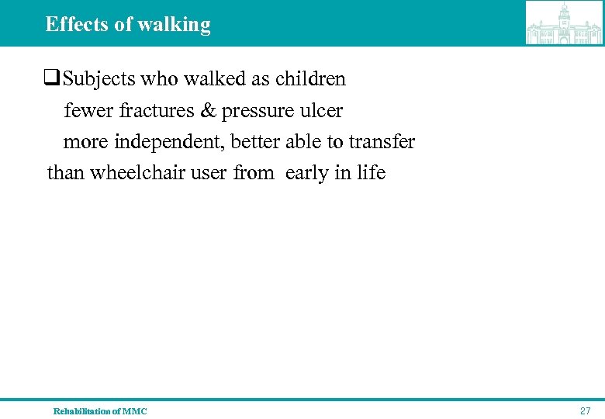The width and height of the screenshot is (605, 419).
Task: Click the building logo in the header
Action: [x=564, y=23]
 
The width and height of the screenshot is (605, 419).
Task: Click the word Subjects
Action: [x=96, y=80]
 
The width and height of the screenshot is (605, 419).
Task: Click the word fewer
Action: [x=88, y=111]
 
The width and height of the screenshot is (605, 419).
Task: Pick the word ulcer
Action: [x=323, y=111]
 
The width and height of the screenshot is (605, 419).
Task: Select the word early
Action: [x=307, y=173]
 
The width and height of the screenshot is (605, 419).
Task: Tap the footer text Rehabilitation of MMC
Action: [x=100, y=411]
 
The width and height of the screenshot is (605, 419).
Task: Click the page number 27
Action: [x=585, y=410]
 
